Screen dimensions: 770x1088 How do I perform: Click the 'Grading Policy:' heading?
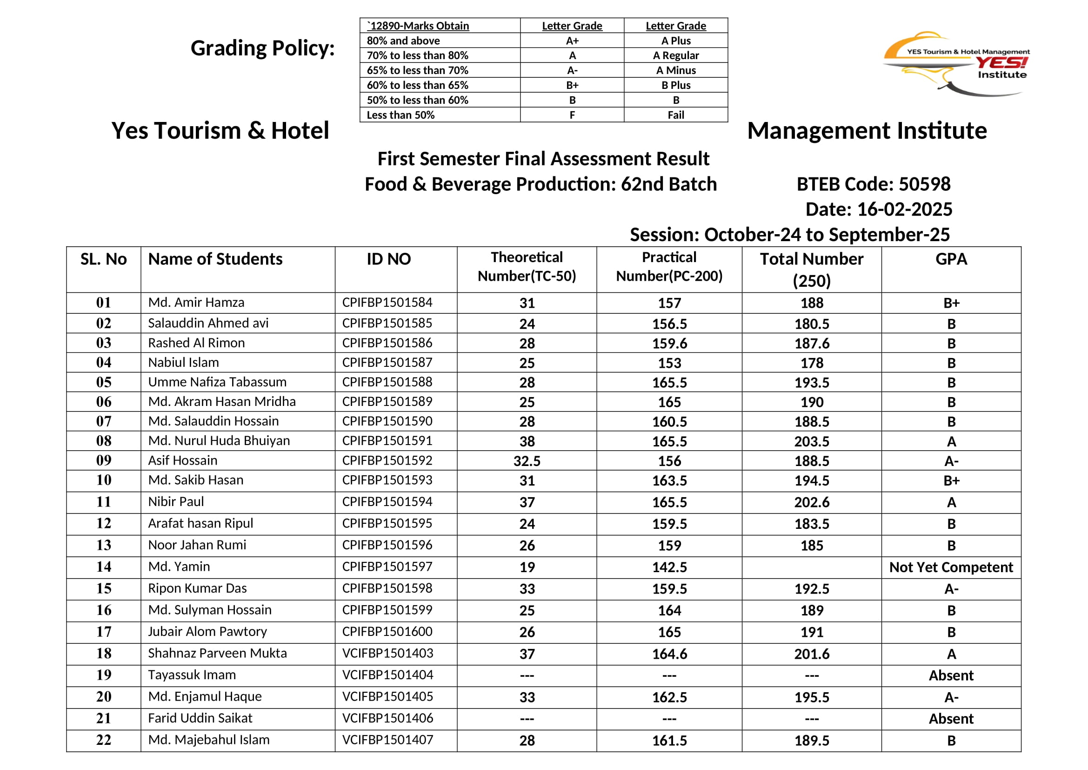(x=262, y=48)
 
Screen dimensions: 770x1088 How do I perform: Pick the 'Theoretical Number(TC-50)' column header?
(x=527, y=267)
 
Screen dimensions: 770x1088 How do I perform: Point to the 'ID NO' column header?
(x=388, y=259)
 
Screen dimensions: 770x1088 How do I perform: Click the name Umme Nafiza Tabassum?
(x=217, y=382)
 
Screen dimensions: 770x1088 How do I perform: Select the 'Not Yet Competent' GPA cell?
(x=951, y=567)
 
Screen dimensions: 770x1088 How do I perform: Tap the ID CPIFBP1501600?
(x=387, y=632)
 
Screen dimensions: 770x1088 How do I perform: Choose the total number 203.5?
(x=811, y=441)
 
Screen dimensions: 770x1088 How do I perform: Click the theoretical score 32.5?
(x=527, y=461)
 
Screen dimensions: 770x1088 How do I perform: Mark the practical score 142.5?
(x=669, y=567)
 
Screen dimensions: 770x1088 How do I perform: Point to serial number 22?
(x=103, y=740)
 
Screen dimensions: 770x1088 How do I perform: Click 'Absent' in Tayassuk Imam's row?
(x=951, y=675)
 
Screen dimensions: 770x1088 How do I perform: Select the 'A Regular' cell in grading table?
(x=675, y=55)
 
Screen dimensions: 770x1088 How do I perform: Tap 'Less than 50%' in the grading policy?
(x=400, y=115)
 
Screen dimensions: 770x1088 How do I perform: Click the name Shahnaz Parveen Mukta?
(x=217, y=653)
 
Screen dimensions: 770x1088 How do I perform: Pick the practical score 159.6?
(x=669, y=343)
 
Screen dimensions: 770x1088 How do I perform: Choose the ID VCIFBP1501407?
(x=387, y=740)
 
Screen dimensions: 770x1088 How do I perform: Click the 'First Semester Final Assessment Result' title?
(x=543, y=159)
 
